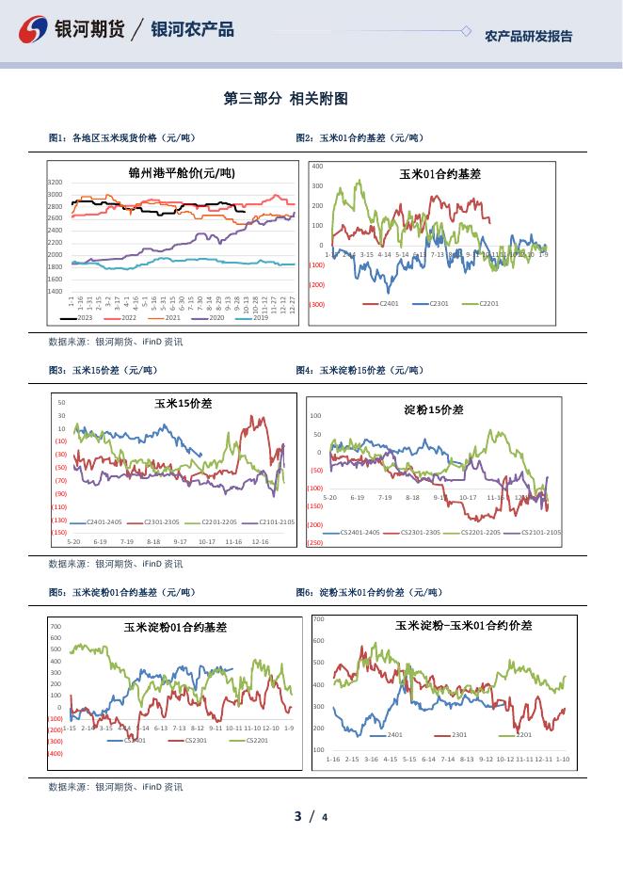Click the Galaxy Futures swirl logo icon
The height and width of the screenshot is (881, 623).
[36, 30]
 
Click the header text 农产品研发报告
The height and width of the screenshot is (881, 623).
[528, 37]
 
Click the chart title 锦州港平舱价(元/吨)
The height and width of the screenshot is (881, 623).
[182, 172]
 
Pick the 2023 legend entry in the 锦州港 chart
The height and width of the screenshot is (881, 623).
[80, 318]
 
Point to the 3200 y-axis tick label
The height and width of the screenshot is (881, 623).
[56, 182]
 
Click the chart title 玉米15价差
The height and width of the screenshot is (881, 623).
[184, 404]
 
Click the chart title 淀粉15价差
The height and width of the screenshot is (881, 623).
[434, 409]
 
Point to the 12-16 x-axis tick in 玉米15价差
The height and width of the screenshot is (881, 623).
[261, 541]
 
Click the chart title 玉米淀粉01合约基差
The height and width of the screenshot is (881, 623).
[175, 627]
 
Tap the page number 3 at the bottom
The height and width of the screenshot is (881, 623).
[297, 816]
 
